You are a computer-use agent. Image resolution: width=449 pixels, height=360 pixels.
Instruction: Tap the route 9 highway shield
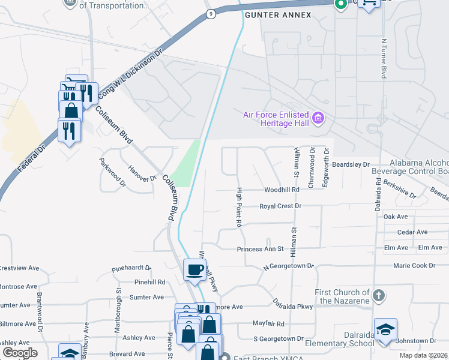tap(209, 14)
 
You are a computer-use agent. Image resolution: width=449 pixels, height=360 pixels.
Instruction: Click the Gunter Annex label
tap(278, 14)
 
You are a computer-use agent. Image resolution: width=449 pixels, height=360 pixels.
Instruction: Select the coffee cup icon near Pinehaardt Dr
tap(194, 271)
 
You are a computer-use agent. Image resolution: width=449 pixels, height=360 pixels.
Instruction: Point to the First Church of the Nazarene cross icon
tap(378, 295)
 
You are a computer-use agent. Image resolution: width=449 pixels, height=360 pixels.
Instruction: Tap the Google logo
tap(20, 353)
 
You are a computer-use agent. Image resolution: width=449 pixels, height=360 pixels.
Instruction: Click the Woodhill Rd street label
tap(282, 190)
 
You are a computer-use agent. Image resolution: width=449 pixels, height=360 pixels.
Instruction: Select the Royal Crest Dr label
tap(279, 206)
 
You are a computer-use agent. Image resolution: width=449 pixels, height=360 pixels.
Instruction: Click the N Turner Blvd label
tap(383, 59)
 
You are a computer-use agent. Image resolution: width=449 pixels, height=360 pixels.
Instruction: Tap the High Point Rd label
tap(238, 207)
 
